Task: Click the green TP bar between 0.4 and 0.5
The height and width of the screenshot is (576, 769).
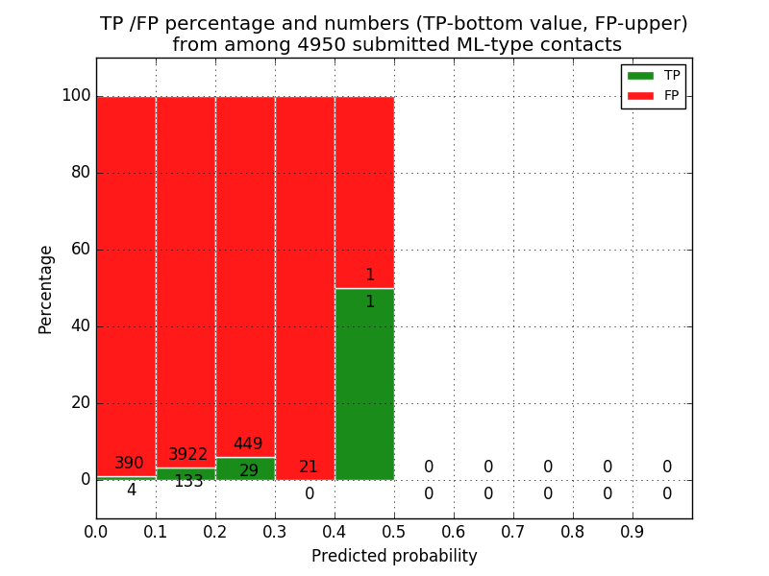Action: [364, 384]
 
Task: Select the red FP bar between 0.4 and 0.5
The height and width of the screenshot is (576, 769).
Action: [364, 192]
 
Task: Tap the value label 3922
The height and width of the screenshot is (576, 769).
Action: [188, 455]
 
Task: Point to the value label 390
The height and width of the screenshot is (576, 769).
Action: [129, 464]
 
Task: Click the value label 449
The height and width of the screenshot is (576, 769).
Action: [248, 444]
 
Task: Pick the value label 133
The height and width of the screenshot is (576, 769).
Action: [188, 482]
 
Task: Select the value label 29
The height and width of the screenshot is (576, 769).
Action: [249, 471]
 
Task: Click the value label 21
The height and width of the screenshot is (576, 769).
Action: [309, 468]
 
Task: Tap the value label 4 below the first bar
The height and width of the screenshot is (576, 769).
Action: [131, 491]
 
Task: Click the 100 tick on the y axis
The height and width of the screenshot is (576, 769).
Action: [76, 96]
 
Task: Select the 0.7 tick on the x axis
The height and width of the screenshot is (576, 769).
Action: [513, 531]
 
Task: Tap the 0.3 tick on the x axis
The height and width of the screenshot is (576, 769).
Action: [275, 531]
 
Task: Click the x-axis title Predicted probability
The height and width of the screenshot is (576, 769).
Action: [394, 557]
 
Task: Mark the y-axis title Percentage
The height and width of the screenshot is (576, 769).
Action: [46, 289]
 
